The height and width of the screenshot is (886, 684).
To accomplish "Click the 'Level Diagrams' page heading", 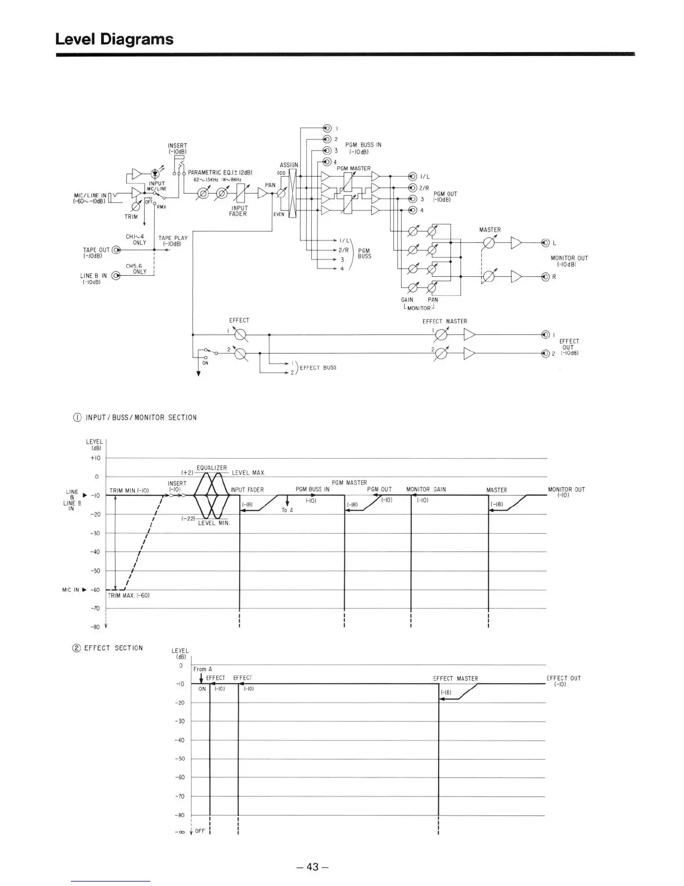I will pos(115,39).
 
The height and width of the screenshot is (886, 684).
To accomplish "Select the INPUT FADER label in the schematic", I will pos(239,211).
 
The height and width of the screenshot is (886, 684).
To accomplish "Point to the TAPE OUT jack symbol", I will pos(116,250).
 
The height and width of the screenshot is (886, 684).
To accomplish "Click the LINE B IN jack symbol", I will pos(116,276).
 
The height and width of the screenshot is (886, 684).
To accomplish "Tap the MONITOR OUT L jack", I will pos(545,243).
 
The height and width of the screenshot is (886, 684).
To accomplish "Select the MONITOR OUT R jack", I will pos(545,277).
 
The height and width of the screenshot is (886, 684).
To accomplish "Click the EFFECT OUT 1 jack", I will pos(545,335).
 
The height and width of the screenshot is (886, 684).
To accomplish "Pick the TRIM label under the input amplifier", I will pos(131,216).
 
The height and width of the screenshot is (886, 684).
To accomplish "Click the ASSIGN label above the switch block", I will pos(289,165).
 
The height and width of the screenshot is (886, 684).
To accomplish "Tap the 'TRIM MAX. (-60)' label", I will pos(129,595).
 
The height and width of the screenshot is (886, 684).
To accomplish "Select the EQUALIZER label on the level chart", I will pos(212,468).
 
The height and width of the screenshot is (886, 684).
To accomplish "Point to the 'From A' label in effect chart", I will pos(203,669).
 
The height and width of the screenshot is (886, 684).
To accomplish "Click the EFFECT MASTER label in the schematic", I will pos(444,321).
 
